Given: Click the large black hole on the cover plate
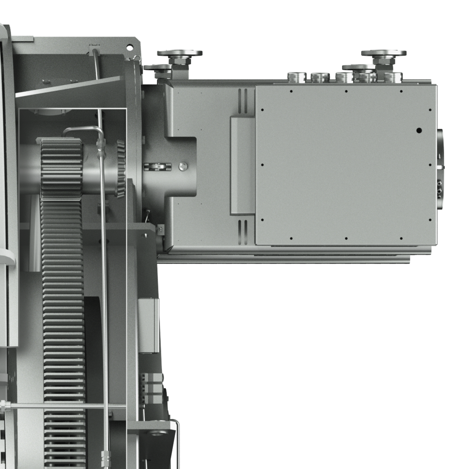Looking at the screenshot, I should [419, 130].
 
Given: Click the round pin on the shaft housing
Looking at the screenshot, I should [183, 166].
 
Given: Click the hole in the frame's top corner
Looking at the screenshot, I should [130, 47].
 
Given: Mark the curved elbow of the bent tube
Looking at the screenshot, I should [68, 130].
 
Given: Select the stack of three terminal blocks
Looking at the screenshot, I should [152, 388].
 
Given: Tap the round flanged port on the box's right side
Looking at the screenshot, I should [440, 169].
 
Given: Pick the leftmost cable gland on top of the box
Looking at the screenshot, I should [297, 77].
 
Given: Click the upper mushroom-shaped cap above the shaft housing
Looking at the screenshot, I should [179, 53].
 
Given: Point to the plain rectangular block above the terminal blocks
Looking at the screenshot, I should [149, 325].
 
